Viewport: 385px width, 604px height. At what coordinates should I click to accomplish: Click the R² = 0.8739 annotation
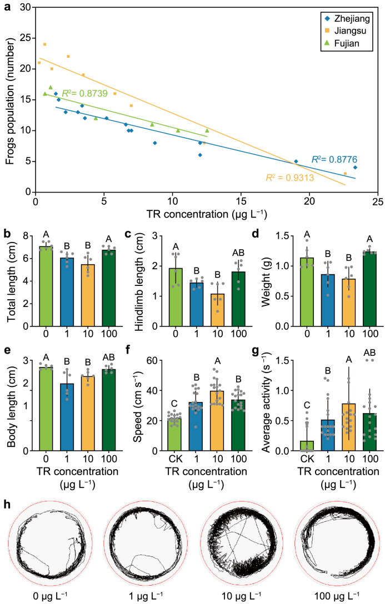coord(84,93)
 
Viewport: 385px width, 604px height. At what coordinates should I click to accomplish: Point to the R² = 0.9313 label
coord(288,178)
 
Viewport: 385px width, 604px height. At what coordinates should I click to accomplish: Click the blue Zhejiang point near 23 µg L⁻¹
coord(355,168)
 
